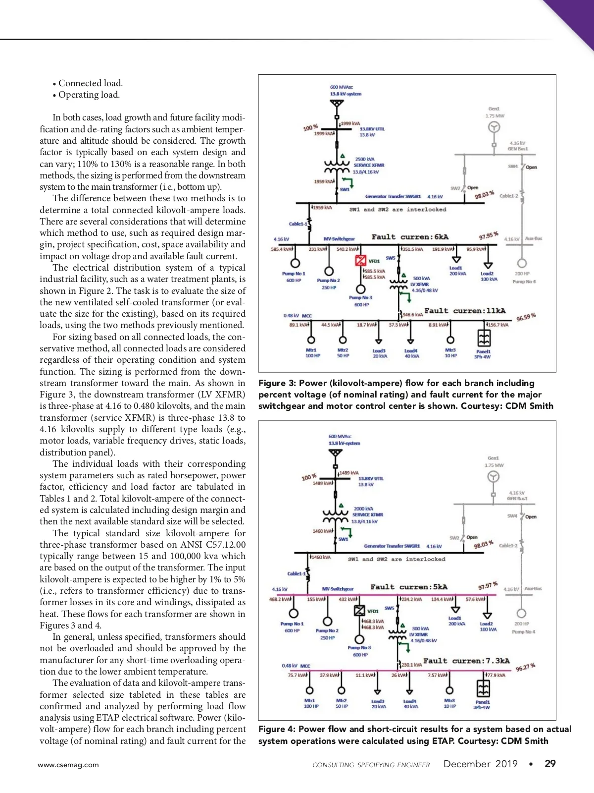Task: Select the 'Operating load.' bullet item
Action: click(x=89, y=95)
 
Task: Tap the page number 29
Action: click(x=550, y=764)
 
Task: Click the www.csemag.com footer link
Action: click(x=68, y=765)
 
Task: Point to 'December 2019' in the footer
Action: click(x=480, y=764)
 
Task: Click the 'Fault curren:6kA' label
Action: click(x=410, y=237)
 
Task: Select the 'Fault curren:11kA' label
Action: click(x=465, y=311)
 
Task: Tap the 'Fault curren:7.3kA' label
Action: click(x=466, y=661)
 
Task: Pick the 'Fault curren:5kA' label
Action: click(x=409, y=587)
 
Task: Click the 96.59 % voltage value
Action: click(x=526, y=317)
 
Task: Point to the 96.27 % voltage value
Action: click(x=525, y=667)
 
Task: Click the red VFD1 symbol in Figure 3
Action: click(x=361, y=261)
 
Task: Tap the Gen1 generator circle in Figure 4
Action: click(x=493, y=477)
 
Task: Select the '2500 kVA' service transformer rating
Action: click(x=365, y=159)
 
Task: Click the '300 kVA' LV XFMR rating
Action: click(x=420, y=628)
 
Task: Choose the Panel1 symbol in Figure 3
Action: click(x=484, y=338)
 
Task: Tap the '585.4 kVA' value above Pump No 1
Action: click(x=281, y=249)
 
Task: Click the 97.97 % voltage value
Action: click(x=488, y=586)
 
